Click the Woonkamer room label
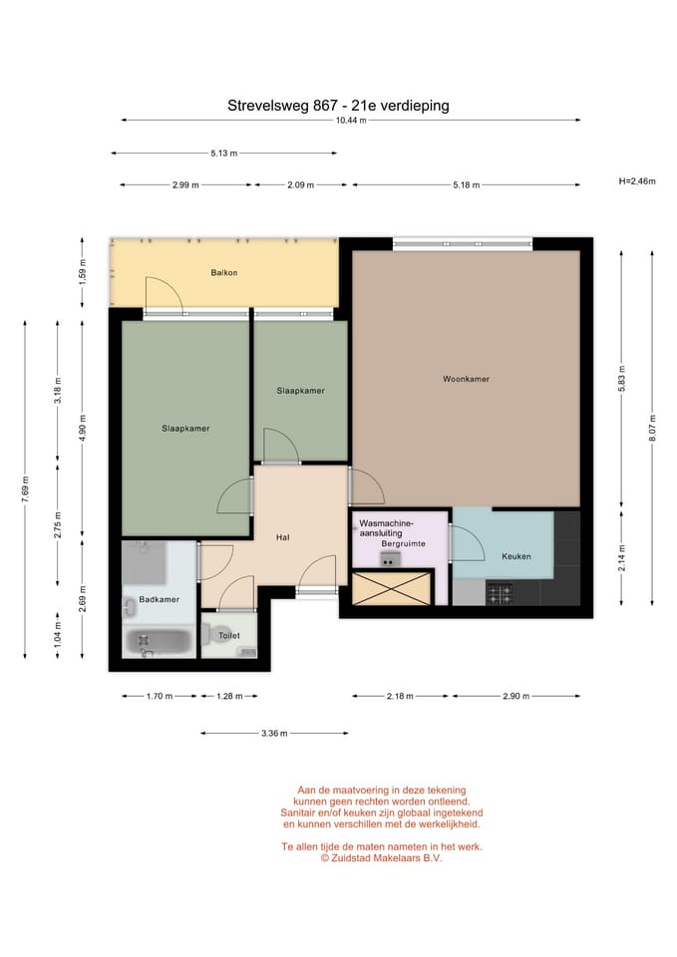466,379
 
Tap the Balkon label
224,273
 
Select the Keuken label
515,556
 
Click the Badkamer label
160,599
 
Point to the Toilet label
229,635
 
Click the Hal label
282,537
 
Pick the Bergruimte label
404,544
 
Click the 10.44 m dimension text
351,121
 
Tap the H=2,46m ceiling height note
637,181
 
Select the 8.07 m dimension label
652,429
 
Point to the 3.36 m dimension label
274,733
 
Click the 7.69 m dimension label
25,489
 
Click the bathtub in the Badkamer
160,642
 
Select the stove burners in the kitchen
499,594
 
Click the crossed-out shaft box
391,588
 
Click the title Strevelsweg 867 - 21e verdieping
338,106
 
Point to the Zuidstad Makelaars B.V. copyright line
382,857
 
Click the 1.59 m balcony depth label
83,272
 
